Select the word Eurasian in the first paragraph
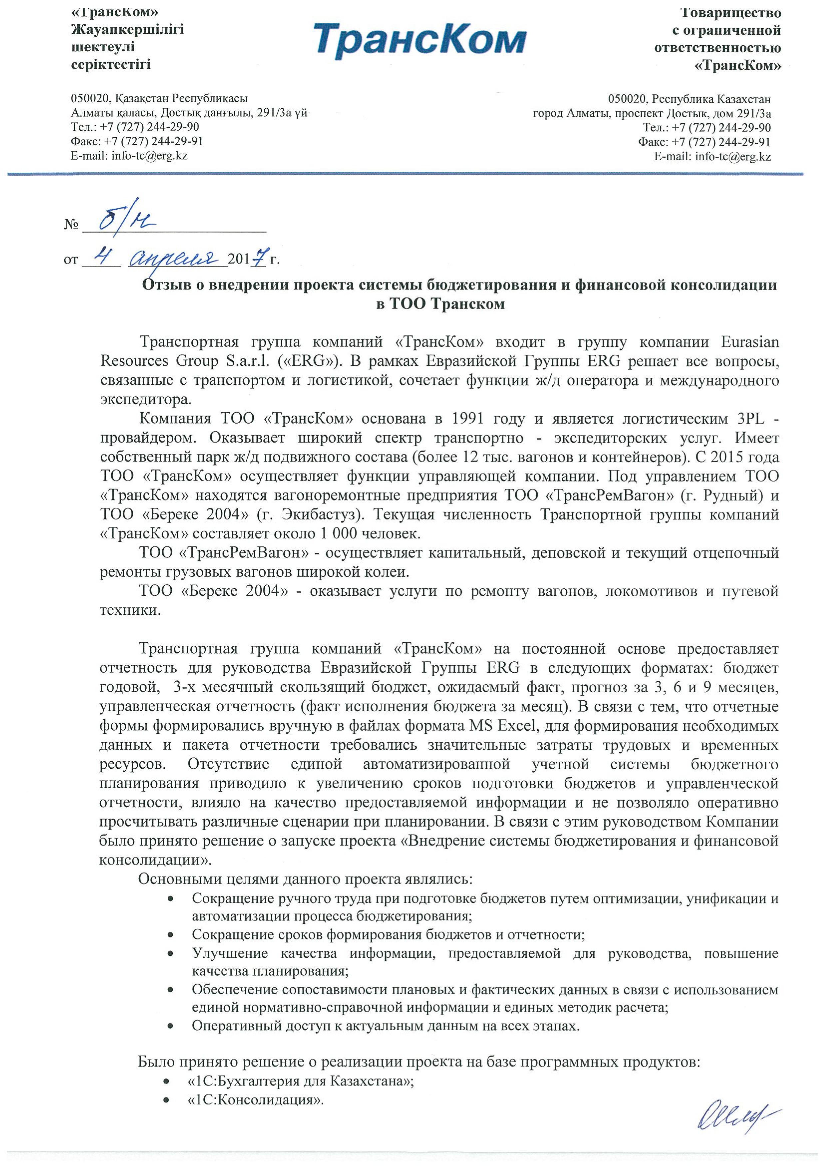750,342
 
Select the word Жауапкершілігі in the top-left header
127,30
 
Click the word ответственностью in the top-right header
717,48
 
